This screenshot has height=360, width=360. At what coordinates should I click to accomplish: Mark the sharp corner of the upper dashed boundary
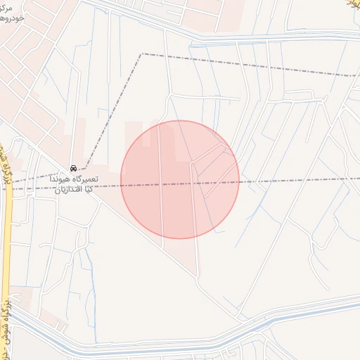[143, 53]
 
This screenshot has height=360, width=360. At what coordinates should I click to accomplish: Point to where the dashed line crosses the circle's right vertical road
[193, 184]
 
